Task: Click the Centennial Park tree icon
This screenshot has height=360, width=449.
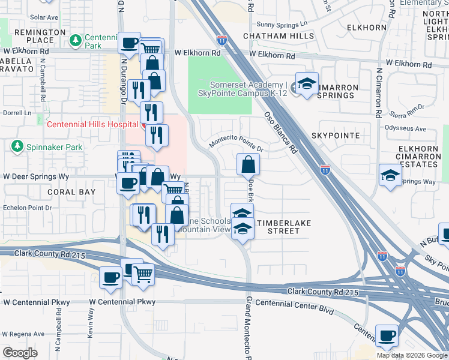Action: (x=76, y=40)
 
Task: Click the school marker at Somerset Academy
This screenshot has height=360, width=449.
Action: (x=307, y=84)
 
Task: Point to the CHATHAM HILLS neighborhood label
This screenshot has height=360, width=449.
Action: (x=279, y=36)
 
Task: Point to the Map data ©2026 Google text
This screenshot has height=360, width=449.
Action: (x=412, y=355)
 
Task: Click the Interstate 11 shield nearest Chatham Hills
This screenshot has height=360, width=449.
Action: (x=222, y=41)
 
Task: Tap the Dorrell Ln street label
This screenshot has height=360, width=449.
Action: (x=17, y=113)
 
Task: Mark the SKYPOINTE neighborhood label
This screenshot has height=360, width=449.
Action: (x=336, y=136)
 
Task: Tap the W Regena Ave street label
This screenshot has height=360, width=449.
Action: (x=24, y=334)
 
